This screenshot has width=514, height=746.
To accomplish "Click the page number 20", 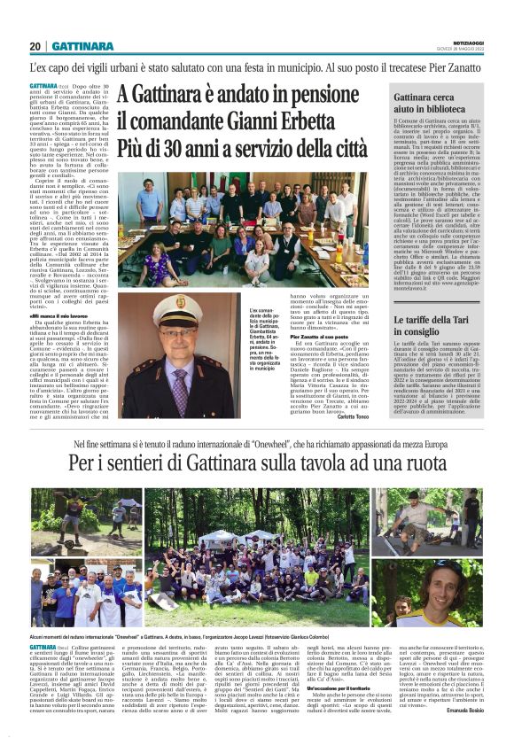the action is (x=35, y=46).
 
